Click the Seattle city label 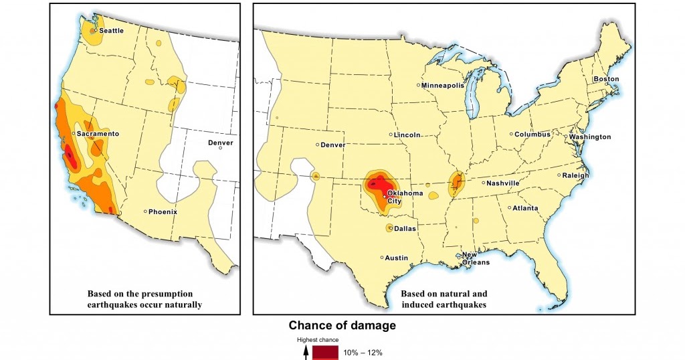(111, 31)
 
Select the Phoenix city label (163, 212)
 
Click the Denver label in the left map (220, 143)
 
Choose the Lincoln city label (407, 135)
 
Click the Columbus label (532, 134)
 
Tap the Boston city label (606, 79)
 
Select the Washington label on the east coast (590, 137)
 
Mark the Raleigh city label (575, 176)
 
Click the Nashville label (503, 183)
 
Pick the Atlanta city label (525, 209)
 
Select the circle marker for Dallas (389, 228)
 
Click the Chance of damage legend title (342, 326)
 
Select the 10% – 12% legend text (363, 352)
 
